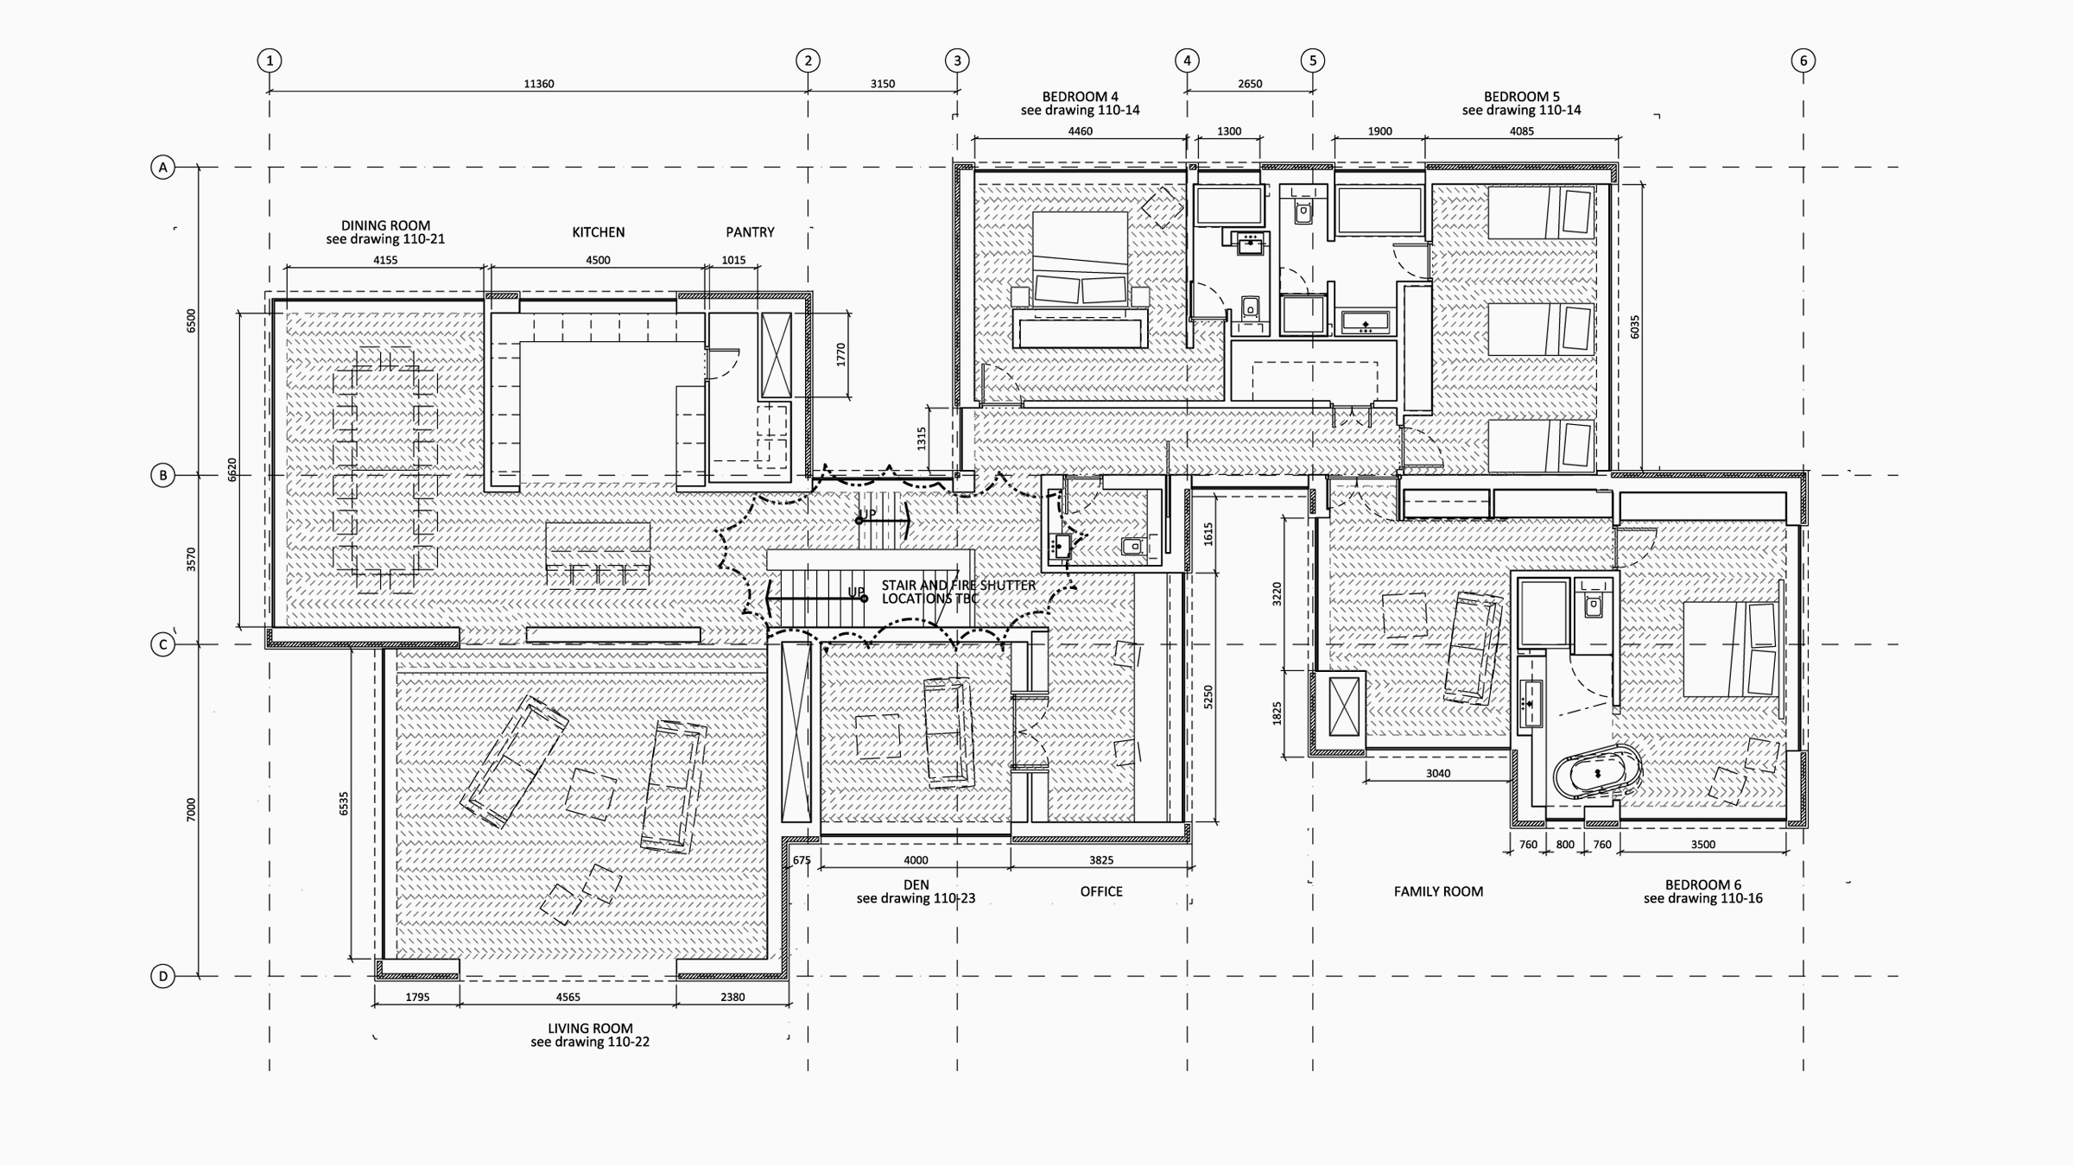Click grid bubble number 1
click(x=269, y=60)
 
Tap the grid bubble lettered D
click(x=162, y=976)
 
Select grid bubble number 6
click(x=1803, y=60)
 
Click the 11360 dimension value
click(x=539, y=84)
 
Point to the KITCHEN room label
click(x=599, y=232)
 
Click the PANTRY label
click(x=750, y=232)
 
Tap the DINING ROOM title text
click(x=385, y=225)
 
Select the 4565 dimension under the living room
click(x=568, y=997)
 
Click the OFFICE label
click(x=1101, y=891)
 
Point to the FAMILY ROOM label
click(x=1438, y=891)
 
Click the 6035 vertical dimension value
click(x=1634, y=327)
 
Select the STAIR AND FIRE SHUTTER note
click(x=958, y=592)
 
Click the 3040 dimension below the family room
click(x=1438, y=773)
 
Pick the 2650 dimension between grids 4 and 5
click(x=1250, y=84)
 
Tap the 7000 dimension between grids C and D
click(x=191, y=810)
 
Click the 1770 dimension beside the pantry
click(x=840, y=355)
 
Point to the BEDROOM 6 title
click(x=1702, y=884)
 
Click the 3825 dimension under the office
click(x=1101, y=860)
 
